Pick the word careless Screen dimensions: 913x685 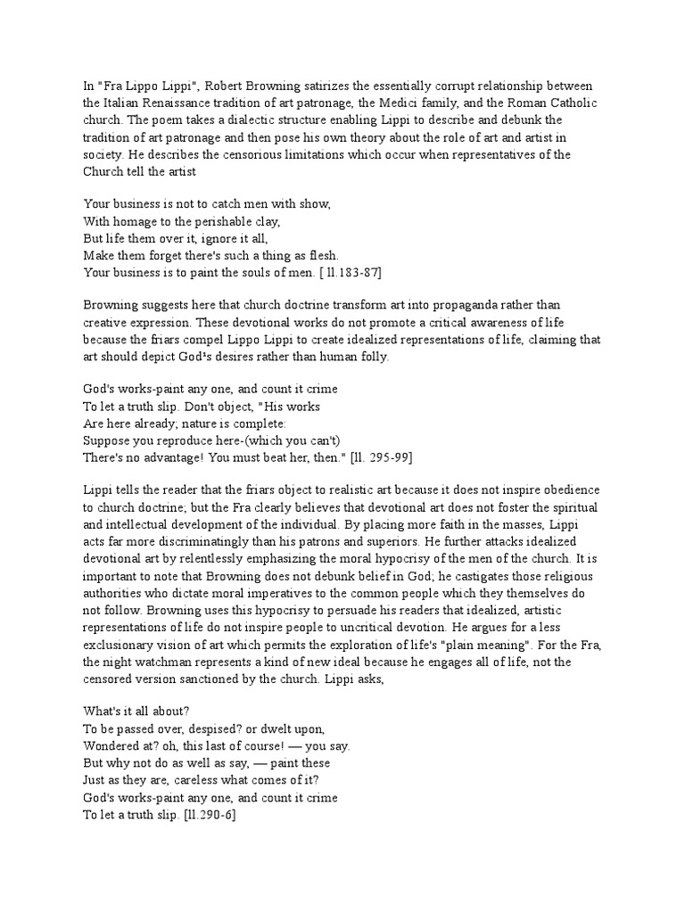(x=198, y=781)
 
